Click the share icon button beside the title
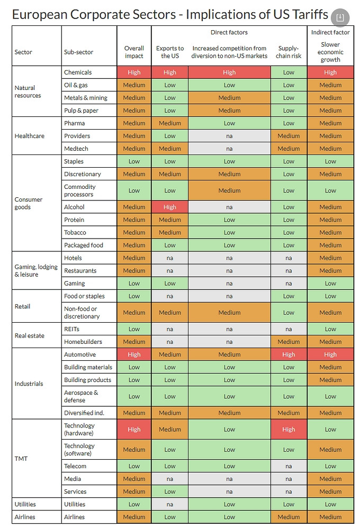click(x=340, y=17)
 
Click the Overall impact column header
click(x=134, y=52)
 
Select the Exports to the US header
click(x=170, y=52)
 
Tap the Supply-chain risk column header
click(x=289, y=52)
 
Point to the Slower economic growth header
click(x=330, y=52)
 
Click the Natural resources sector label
click(x=25, y=92)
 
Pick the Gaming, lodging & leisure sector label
click(x=36, y=270)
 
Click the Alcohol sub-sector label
click(x=74, y=207)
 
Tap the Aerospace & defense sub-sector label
click(x=81, y=396)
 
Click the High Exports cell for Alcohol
click(x=170, y=207)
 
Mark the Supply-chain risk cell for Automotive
click(x=289, y=354)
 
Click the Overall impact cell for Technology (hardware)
click(x=134, y=430)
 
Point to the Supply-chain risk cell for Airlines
click(x=289, y=517)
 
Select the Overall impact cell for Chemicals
click(x=134, y=72)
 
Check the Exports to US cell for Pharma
click(x=170, y=123)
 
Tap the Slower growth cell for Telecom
click(x=330, y=466)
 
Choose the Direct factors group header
click(x=229, y=33)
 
